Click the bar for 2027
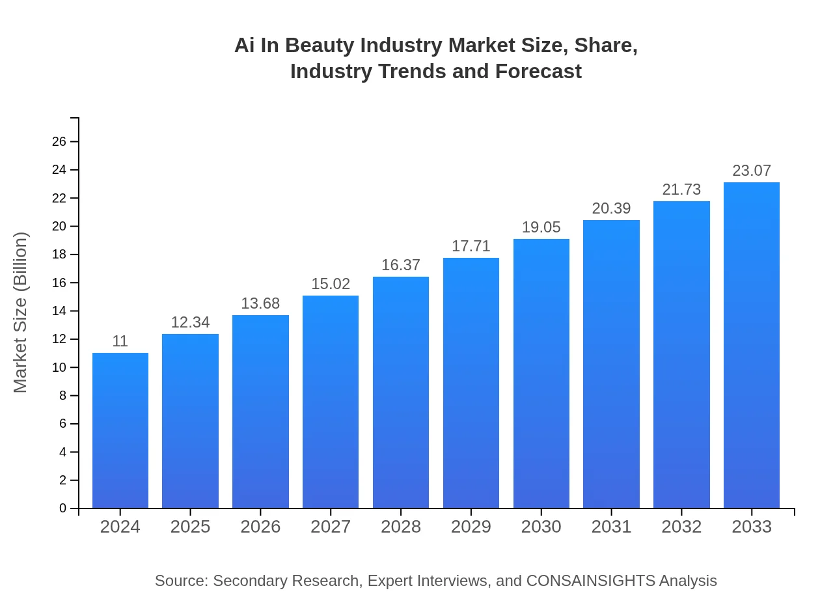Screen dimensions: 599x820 tap(331, 402)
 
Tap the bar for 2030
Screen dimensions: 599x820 tap(541, 373)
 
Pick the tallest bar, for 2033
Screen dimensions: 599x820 tap(752, 345)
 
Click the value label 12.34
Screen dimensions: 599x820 tap(190, 322)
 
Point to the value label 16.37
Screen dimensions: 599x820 tap(401, 266)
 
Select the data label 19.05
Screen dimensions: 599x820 tap(541, 228)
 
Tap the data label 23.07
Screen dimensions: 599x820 tap(752, 171)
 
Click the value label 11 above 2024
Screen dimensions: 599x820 tap(120, 341)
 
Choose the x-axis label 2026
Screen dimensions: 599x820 tap(260, 527)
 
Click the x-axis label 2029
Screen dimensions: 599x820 tap(471, 527)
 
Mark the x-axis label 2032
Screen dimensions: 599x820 tap(681, 527)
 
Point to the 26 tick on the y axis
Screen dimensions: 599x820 tap(59, 142)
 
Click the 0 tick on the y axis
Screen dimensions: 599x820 tap(63, 508)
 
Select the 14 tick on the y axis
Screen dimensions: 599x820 tap(59, 311)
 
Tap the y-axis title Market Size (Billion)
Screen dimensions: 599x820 tap(21, 313)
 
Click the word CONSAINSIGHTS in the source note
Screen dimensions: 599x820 tap(590, 581)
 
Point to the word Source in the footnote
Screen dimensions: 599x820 tap(180, 581)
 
